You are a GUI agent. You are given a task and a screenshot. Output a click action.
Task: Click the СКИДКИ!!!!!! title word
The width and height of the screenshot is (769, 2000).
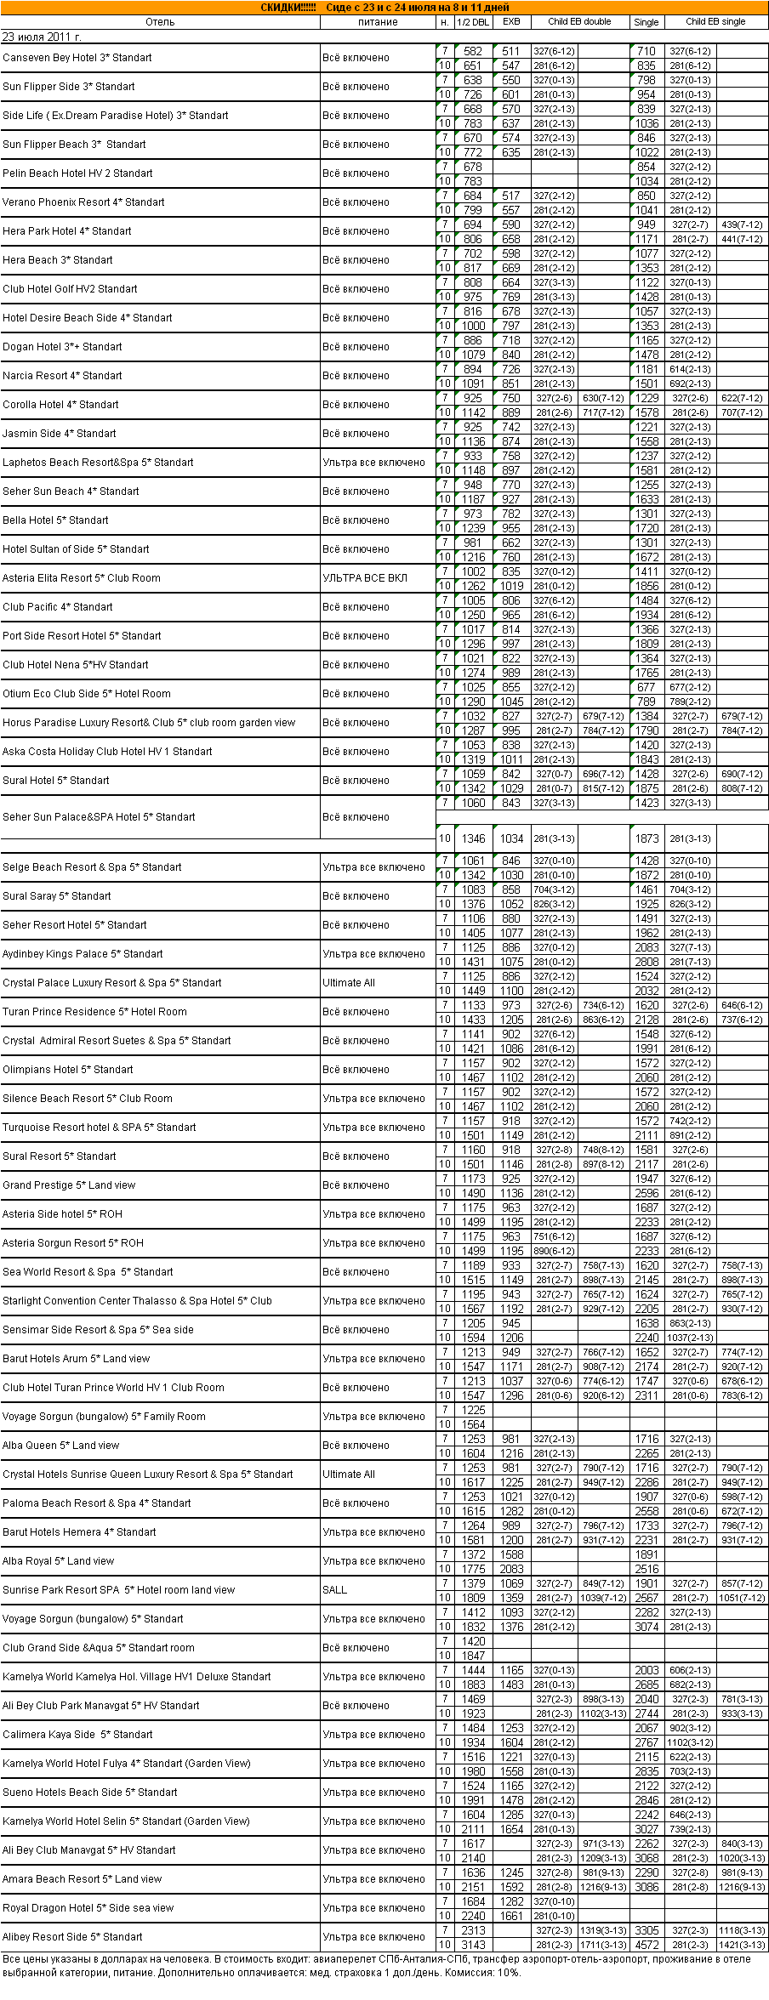(288, 8)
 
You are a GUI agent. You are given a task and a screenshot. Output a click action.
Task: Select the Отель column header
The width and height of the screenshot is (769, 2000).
(160, 22)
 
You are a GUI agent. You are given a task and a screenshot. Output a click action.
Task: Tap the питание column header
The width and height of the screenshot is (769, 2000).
(378, 22)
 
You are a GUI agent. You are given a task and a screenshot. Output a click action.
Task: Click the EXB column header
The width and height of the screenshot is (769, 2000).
(511, 22)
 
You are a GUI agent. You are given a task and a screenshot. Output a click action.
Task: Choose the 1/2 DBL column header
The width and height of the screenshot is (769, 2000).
(473, 22)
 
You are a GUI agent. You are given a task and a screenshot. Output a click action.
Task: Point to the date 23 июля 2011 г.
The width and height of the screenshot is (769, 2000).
(42, 37)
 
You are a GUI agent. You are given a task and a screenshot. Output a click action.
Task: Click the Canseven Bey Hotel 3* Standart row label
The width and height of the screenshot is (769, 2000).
(77, 58)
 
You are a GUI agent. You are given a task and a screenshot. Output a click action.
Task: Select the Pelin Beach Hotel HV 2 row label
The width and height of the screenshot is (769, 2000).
(77, 173)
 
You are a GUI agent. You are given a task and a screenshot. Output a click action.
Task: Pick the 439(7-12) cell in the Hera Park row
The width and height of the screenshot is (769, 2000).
(742, 225)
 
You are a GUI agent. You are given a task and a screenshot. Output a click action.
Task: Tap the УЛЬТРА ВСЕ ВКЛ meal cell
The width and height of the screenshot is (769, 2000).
(364, 578)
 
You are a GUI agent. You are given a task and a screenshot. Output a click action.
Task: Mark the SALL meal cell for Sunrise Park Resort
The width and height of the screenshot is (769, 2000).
(334, 1590)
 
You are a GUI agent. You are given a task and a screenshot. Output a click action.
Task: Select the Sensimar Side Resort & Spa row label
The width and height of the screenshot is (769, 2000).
(98, 1330)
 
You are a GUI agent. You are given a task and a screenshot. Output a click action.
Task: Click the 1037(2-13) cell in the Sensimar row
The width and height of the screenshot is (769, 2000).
(690, 1338)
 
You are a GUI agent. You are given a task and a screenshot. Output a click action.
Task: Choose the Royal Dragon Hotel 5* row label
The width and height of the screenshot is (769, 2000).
(88, 1908)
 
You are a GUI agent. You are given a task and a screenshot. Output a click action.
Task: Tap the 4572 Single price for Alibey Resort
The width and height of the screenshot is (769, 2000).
(647, 1945)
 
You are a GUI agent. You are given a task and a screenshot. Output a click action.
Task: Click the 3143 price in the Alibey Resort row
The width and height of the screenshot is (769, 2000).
(473, 1945)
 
